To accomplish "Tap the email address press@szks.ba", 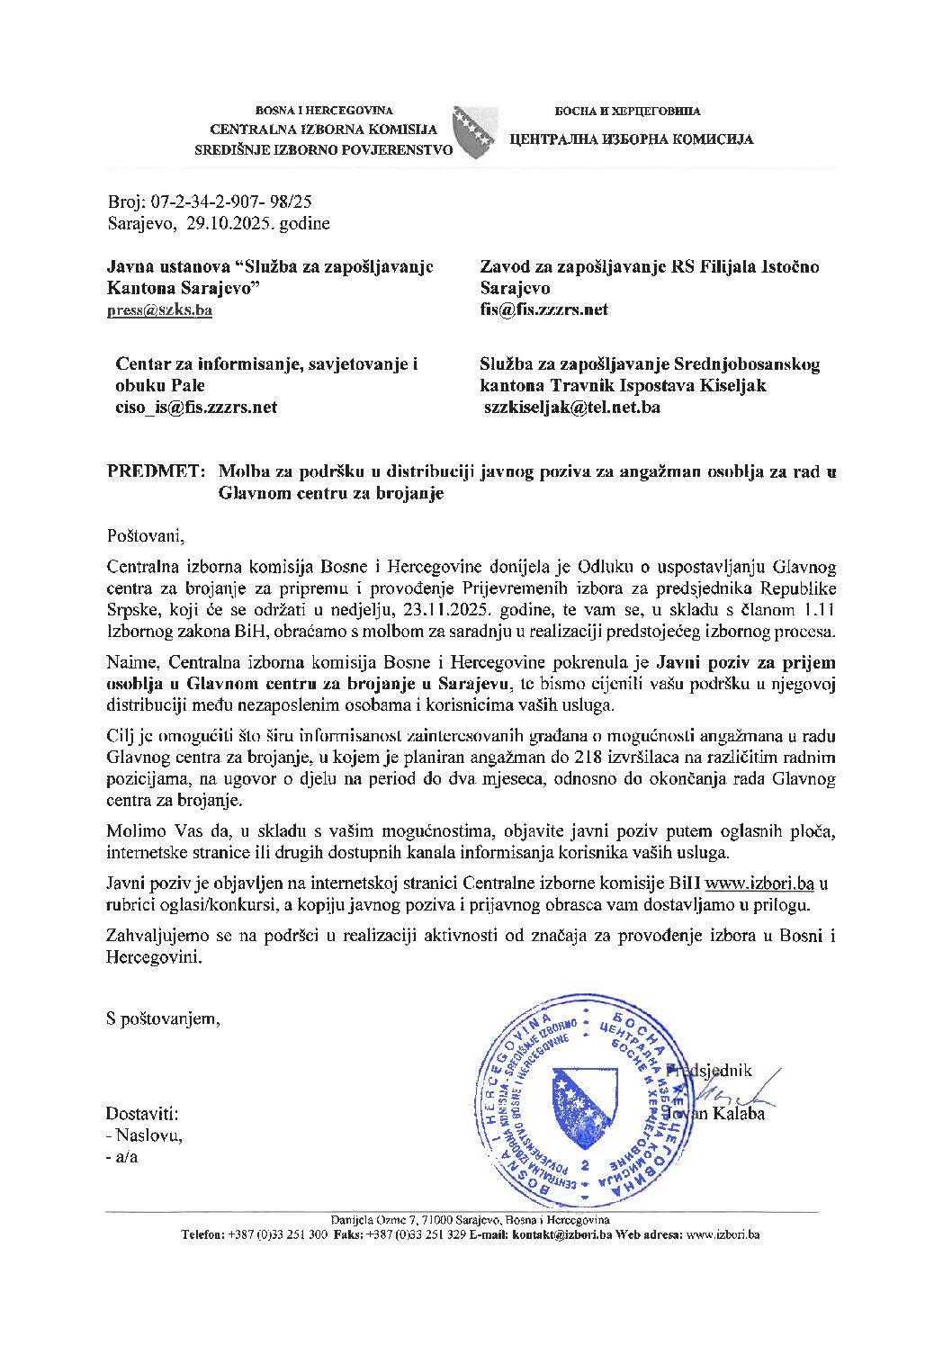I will pos(159,310).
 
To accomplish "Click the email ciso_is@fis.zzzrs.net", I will pos(195,407).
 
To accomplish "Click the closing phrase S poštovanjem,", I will pos(163,1018).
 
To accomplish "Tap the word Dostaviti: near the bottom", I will pos(141,1114).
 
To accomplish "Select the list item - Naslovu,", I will pos(144,1135).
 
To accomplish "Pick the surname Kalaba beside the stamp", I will pos(740,1114).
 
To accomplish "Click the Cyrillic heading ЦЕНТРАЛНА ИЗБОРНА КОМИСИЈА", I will pos(631,139).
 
